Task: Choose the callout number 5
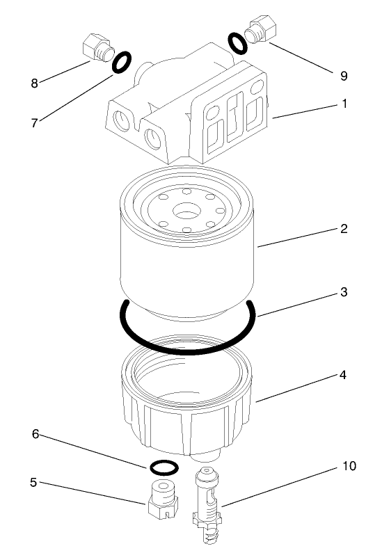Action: tap(33, 481)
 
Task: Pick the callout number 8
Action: tap(33, 83)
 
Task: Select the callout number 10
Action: tap(348, 465)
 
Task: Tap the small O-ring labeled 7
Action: tap(120, 63)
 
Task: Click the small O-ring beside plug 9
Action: tap(237, 43)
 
